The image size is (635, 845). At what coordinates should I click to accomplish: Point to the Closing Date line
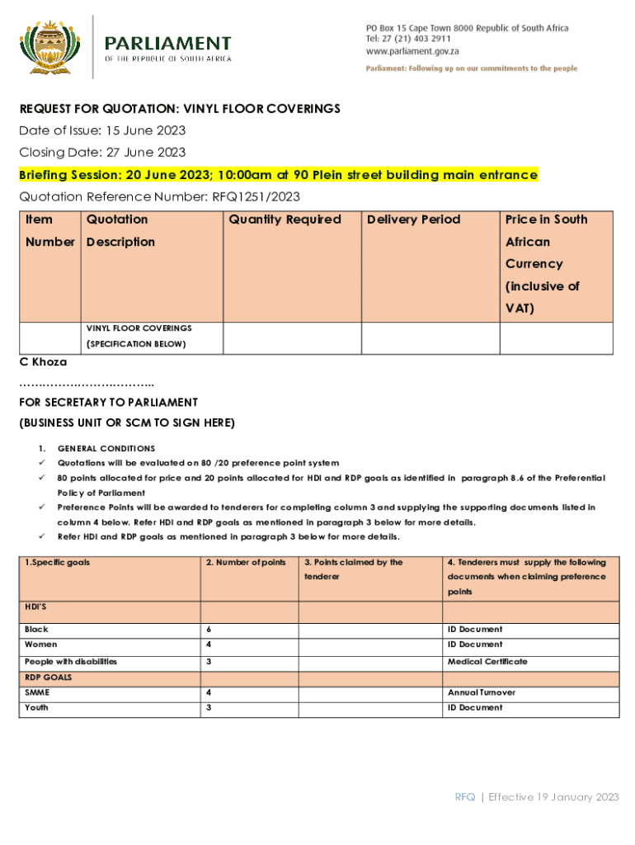[102, 152]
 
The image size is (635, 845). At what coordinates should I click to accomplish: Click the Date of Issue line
[102, 130]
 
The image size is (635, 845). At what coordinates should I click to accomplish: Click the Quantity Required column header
[285, 220]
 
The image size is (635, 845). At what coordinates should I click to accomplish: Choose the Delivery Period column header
[413, 220]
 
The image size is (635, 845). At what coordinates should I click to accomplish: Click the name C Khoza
[43, 361]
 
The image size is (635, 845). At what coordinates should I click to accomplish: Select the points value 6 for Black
[209, 629]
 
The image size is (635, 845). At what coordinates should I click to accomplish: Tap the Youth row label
[36, 707]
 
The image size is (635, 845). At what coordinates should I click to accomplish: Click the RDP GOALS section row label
[48, 677]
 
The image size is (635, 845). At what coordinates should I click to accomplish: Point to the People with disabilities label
[71, 661]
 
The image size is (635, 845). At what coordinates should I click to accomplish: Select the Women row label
[41, 644]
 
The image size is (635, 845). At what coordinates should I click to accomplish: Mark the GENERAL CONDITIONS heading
[106, 448]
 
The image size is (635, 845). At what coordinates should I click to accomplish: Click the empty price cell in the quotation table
[556, 338]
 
